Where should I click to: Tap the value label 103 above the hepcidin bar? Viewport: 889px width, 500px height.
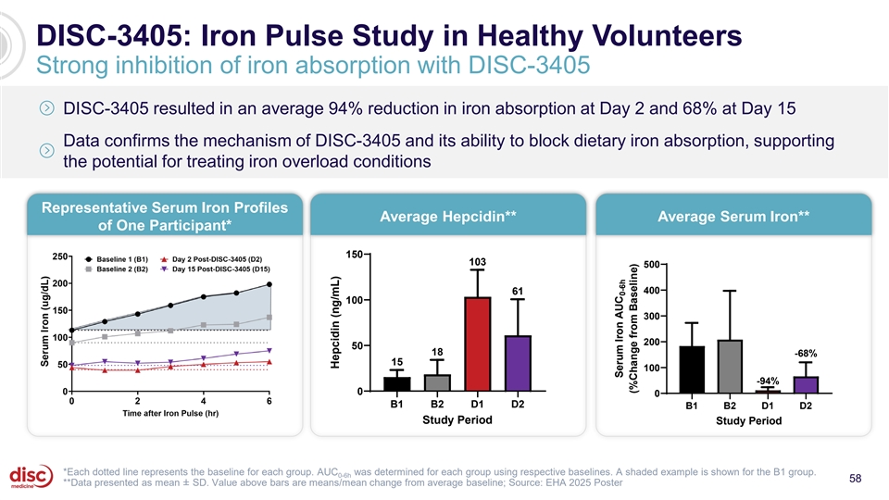click(477, 262)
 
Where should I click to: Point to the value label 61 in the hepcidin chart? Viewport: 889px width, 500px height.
click(518, 292)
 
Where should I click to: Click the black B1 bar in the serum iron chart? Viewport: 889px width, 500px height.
click(692, 369)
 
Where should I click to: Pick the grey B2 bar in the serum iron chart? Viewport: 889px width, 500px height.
click(730, 367)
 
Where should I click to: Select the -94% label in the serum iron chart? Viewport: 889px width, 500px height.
click(768, 381)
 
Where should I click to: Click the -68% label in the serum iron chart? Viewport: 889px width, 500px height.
click(805, 353)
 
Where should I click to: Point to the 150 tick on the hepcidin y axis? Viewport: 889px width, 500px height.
click(353, 255)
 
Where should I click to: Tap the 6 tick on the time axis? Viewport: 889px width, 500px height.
click(269, 400)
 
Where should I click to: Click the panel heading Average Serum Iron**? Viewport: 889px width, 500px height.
click(733, 216)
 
